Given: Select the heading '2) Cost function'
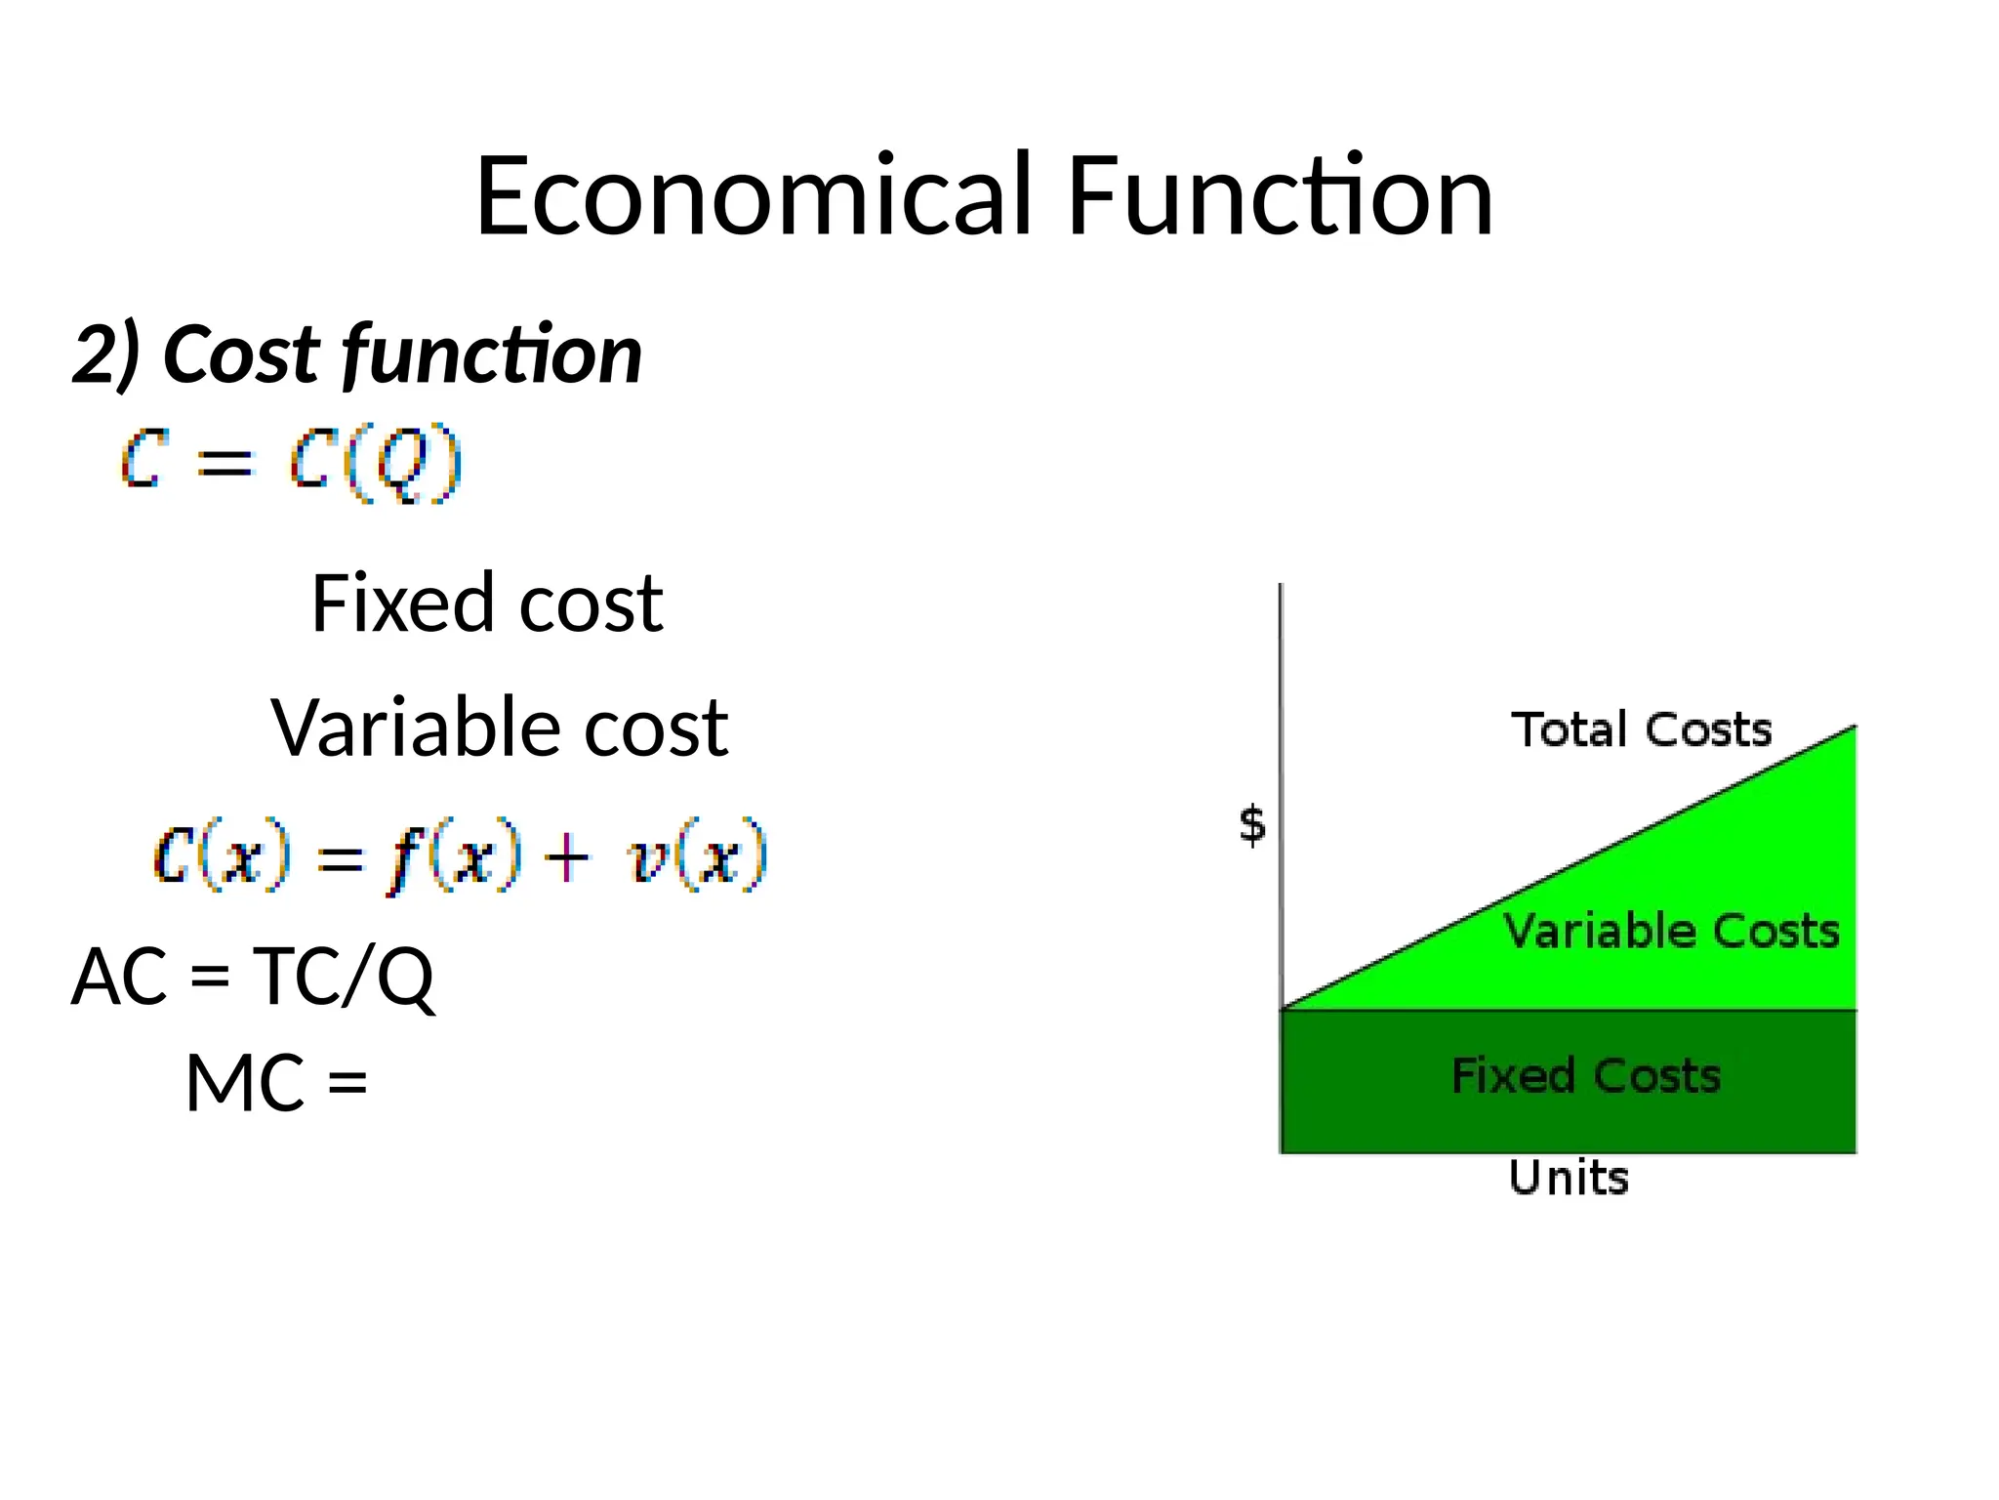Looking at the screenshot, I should (357, 354).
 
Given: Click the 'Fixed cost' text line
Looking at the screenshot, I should (487, 604).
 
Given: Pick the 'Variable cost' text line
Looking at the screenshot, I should (499, 729).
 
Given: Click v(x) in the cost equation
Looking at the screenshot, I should (697, 857).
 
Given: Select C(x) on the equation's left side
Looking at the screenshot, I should (223, 857).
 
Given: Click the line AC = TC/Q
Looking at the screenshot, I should (253, 976).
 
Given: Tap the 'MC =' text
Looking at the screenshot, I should (276, 1083).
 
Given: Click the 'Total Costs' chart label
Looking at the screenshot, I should (1642, 729).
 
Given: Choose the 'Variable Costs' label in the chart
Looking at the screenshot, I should (1671, 931).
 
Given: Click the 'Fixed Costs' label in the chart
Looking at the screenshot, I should (1586, 1076).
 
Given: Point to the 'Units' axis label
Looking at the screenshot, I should (1569, 1178).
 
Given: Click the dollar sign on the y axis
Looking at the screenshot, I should (1252, 825).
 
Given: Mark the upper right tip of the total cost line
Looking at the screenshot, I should (1854, 728).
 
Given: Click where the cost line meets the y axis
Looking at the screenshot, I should (1282, 1008).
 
